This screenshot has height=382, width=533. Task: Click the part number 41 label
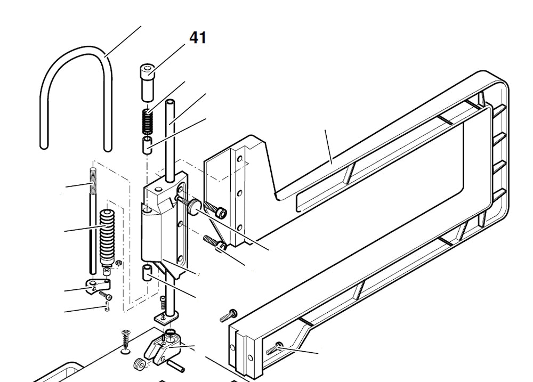click(198, 38)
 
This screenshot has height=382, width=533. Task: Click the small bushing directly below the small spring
click(147, 144)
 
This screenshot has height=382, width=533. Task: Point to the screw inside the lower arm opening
click(273, 349)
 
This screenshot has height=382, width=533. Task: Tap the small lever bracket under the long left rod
click(96, 288)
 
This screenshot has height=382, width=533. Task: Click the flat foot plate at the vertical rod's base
click(166, 318)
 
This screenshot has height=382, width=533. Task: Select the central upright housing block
click(160, 224)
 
